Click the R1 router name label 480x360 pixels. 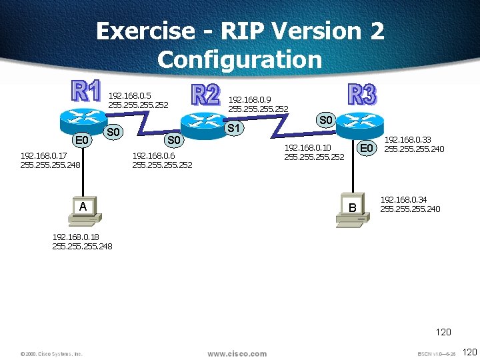(86, 93)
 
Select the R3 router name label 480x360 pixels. (362, 95)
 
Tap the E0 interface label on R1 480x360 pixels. (83, 140)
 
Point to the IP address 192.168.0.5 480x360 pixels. (130, 95)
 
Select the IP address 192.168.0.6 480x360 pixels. (153, 155)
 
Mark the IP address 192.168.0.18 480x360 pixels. (75, 237)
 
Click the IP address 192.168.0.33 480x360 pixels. (408, 140)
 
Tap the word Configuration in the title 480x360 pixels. (239, 59)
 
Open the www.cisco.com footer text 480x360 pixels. (237, 353)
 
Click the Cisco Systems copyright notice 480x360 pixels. (51, 354)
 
